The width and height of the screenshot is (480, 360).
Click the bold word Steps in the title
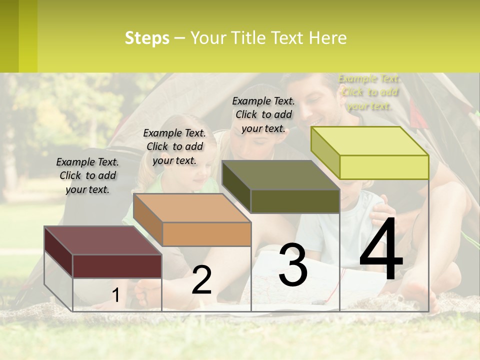click(147, 38)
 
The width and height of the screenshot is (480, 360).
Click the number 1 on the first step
click(116, 295)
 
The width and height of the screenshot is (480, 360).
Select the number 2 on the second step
click(201, 280)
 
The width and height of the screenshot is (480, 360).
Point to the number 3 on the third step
click(292, 265)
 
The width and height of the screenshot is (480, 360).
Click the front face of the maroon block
click(117, 266)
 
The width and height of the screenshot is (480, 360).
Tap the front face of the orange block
click(206, 234)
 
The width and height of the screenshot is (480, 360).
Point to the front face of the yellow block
click(384, 167)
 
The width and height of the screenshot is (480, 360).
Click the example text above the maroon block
click(87, 176)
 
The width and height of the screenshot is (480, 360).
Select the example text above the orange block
click(174, 146)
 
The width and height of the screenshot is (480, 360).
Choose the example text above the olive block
click(263, 114)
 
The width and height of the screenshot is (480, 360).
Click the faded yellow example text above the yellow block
click(369, 92)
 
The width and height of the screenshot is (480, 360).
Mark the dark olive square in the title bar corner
click(9, 36)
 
